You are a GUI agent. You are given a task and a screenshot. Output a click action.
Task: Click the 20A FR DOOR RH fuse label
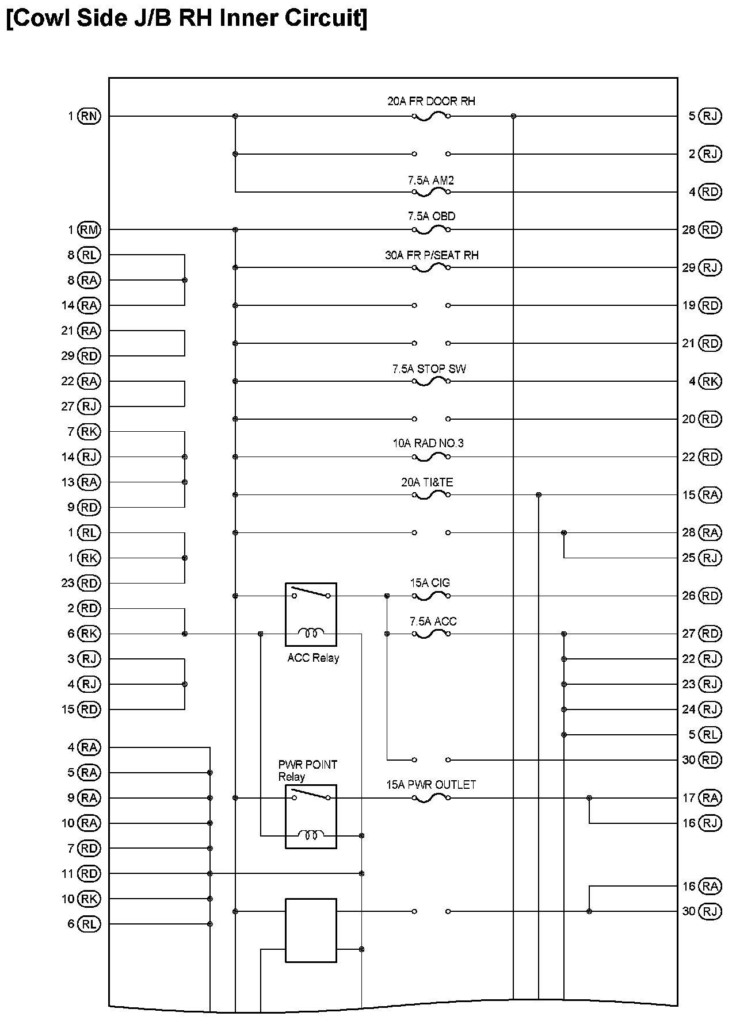click(431, 101)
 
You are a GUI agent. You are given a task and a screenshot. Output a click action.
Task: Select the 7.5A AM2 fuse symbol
click(431, 191)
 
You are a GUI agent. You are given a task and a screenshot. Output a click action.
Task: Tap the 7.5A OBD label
click(431, 216)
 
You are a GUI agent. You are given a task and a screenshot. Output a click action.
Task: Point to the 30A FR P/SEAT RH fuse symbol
click(431, 267)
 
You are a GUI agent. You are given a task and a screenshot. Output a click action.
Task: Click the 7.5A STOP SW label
click(429, 369)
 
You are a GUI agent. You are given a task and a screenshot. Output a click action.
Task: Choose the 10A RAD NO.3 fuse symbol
click(431, 457)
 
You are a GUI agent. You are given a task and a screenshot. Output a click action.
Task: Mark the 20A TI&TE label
click(427, 482)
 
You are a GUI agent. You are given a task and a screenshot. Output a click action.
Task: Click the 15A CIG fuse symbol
click(431, 596)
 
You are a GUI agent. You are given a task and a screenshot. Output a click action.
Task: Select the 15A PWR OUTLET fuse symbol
click(431, 798)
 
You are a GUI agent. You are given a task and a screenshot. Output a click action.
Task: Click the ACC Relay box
click(311, 614)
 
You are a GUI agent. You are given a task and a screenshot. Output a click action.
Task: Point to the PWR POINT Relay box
click(311, 816)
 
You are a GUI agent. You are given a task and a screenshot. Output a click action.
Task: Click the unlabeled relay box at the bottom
click(311, 930)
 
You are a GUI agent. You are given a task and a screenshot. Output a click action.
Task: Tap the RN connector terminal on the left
click(89, 116)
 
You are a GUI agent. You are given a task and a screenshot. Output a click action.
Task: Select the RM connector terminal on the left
click(89, 230)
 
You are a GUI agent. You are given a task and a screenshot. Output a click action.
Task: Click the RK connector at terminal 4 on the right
click(710, 381)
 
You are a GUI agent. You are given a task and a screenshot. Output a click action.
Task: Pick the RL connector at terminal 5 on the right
click(710, 735)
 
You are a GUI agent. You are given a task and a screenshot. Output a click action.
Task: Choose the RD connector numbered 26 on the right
click(710, 596)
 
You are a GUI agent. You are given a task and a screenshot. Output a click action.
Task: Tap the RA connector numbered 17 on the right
click(710, 798)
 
